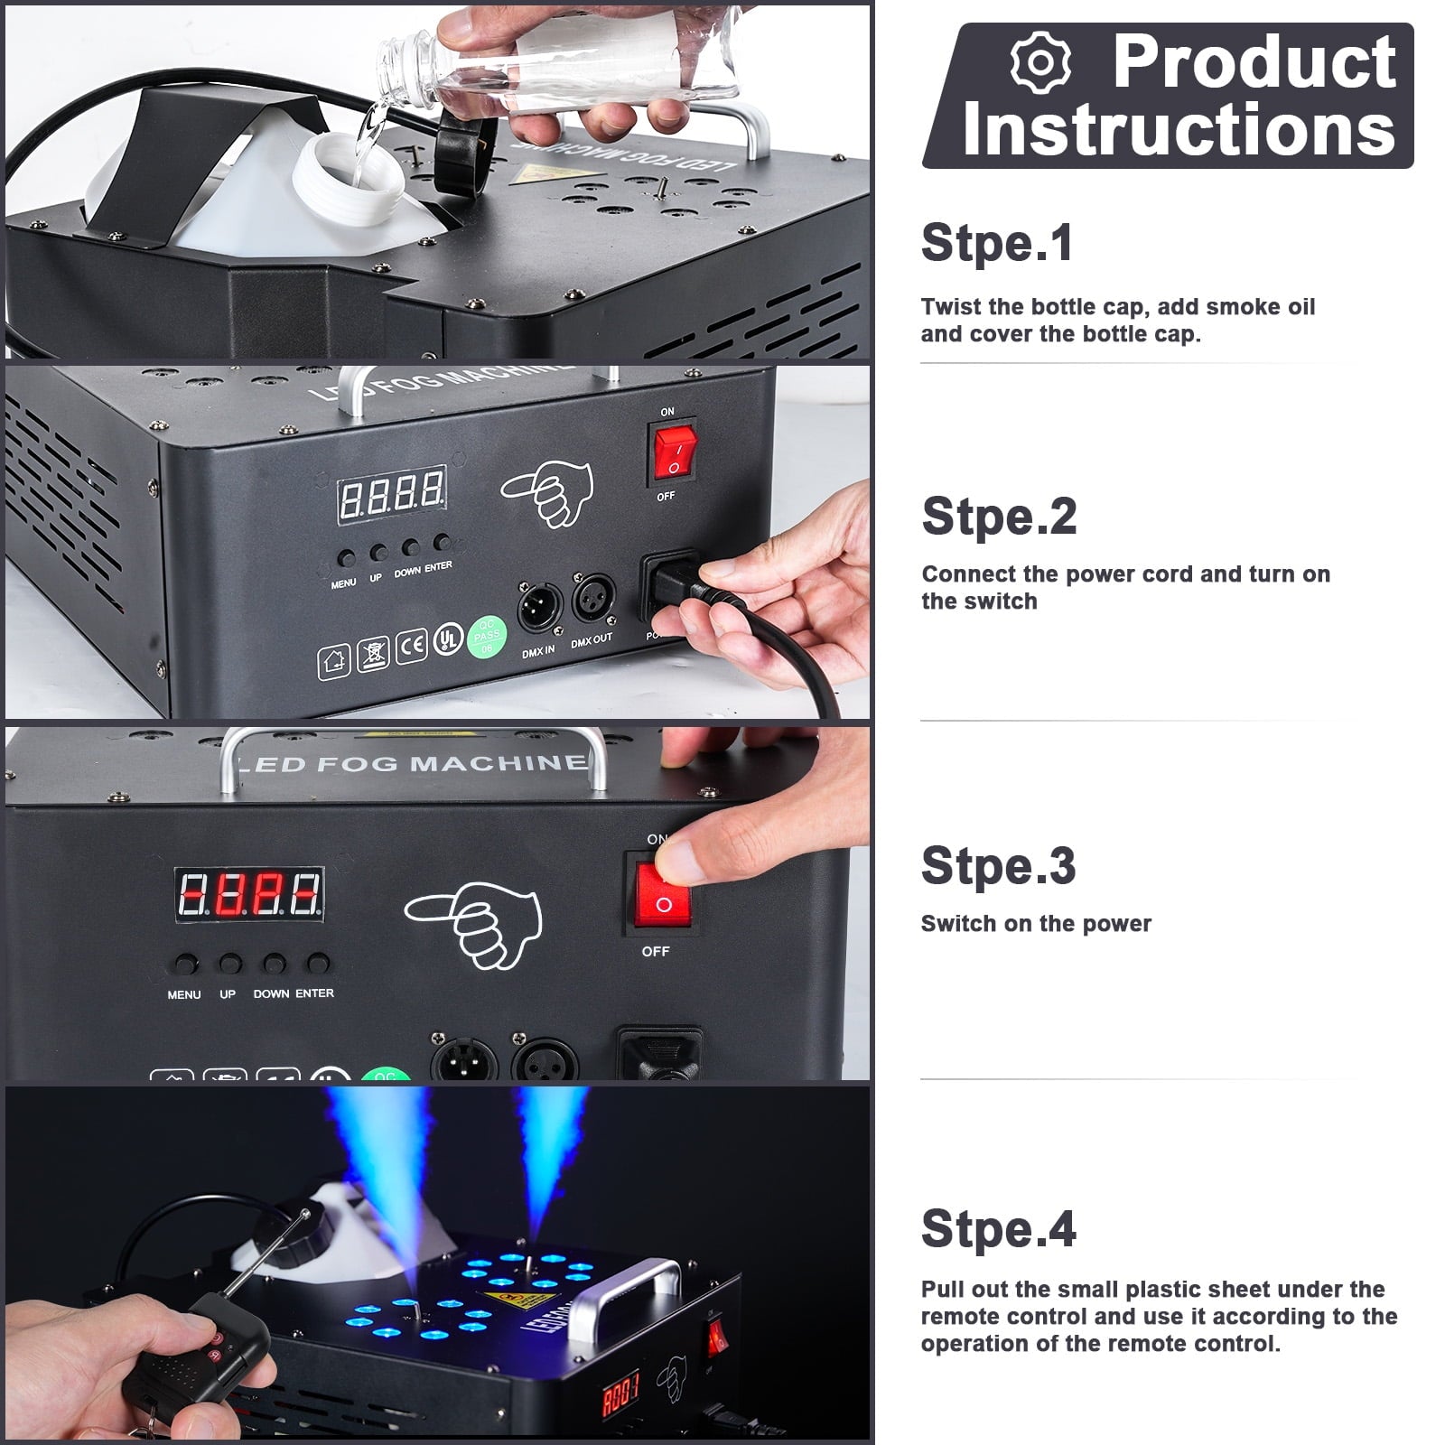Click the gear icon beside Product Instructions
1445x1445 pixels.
[1040, 62]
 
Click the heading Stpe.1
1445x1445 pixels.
[997, 243]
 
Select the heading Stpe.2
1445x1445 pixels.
[999, 516]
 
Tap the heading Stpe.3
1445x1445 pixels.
[998, 865]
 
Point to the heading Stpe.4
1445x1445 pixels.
[998, 1228]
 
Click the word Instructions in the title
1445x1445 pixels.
[1179, 129]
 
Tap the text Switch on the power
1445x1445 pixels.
[1036, 923]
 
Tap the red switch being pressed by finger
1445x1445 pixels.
[662, 895]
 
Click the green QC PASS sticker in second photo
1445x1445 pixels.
[486, 638]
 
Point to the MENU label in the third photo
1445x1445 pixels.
[184, 994]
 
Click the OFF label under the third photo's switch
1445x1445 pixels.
[656, 951]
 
